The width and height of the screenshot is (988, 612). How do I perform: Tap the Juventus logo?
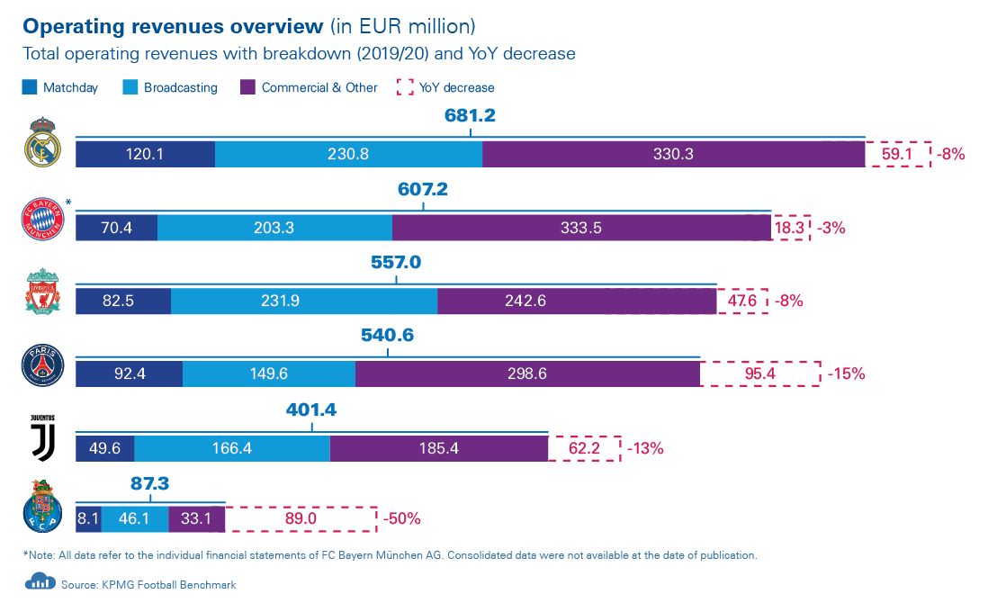[x=42, y=438]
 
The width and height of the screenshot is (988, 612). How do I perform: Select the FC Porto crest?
[x=42, y=508]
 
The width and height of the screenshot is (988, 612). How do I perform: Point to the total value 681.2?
[x=470, y=116]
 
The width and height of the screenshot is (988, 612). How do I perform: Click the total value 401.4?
[x=311, y=410]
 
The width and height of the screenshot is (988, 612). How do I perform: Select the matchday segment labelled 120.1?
[x=145, y=154]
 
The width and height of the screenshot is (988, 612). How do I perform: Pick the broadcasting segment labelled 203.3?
[x=274, y=228]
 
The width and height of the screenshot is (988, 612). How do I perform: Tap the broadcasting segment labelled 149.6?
[x=269, y=373]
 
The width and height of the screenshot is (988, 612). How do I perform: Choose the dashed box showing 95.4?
[x=760, y=373]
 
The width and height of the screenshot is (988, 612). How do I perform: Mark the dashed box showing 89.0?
[x=301, y=519]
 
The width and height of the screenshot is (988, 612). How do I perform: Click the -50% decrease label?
[x=401, y=519]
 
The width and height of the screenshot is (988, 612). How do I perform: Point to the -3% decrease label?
[x=832, y=228]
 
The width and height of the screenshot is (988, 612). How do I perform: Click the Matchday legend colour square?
[x=29, y=88]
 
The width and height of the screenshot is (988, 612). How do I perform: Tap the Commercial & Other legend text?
[x=319, y=88]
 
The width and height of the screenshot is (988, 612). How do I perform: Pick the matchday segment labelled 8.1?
[x=87, y=519]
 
